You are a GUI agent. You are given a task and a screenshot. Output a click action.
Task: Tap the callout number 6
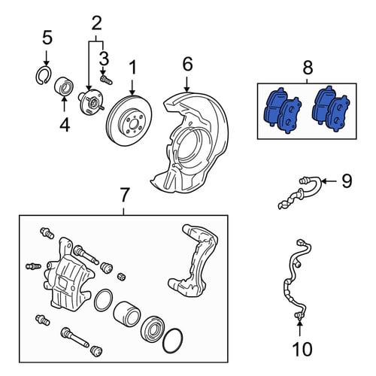tap(188, 64)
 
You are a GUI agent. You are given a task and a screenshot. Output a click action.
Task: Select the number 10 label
tap(302, 349)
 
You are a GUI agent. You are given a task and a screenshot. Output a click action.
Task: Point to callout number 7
tap(125, 196)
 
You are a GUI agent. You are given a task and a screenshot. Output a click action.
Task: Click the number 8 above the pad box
tap(308, 68)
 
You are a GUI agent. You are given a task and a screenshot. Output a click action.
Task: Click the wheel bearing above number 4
tap(64, 87)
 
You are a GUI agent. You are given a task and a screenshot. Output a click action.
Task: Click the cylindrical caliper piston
tap(126, 314)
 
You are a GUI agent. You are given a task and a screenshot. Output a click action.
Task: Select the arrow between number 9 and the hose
tap(330, 180)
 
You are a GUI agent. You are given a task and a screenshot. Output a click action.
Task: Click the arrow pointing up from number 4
tap(64, 104)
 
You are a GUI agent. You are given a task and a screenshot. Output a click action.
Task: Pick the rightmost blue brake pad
tap(337, 114)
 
